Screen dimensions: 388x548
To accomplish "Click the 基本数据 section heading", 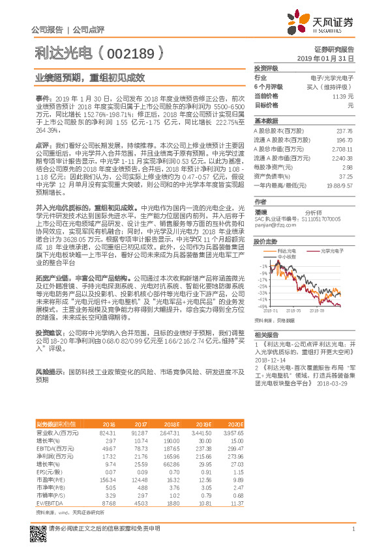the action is (x=266, y=120).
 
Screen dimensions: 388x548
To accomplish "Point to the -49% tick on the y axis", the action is (x=262, y=306).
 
